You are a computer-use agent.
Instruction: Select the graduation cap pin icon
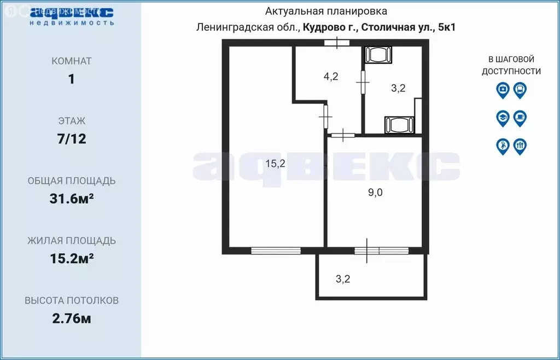[x=503, y=118]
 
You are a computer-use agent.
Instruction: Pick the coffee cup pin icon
[x=520, y=118]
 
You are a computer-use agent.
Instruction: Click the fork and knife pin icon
[x=520, y=146]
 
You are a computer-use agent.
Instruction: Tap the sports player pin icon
[x=503, y=146]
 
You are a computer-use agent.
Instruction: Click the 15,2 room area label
[x=275, y=163]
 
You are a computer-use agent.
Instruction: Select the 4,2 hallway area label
[x=330, y=77]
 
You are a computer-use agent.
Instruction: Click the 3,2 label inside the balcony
[x=343, y=279]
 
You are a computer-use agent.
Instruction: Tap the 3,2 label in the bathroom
[x=398, y=89]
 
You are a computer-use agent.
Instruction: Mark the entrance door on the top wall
[x=336, y=43]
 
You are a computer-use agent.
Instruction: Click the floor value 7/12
[x=71, y=139]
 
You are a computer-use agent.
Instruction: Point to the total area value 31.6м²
[x=71, y=199]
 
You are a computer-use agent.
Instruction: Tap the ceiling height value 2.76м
[x=71, y=318]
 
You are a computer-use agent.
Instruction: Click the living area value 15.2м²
[x=71, y=258]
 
